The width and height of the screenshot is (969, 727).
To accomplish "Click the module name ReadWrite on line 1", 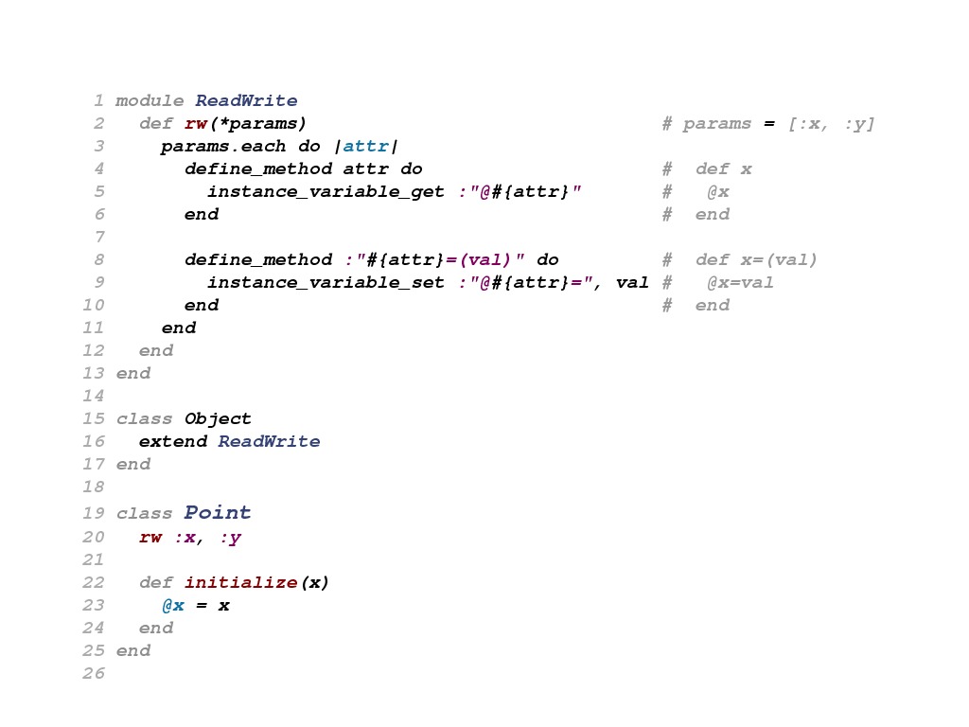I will click(x=246, y=100).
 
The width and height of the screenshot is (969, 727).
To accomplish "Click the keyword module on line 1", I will click(x=150, y=100).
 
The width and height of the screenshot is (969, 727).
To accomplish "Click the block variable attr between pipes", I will click(x=365, y=146).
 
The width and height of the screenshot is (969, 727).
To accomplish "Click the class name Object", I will click(x=218, y=418).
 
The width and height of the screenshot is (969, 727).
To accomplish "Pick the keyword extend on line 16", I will click(x=172, y=441).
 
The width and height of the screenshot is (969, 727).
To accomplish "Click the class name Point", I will click(x=218, y=513).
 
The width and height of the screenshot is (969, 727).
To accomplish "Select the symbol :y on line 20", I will click(x=229, y=538).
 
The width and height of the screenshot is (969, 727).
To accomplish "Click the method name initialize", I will click(x=240, y=583).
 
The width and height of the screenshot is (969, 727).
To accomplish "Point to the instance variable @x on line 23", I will click(x=172, y=606).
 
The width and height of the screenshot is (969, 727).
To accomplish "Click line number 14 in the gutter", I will click(x=100, y=396).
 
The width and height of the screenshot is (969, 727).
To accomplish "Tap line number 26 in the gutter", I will click(x=100, y=674).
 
